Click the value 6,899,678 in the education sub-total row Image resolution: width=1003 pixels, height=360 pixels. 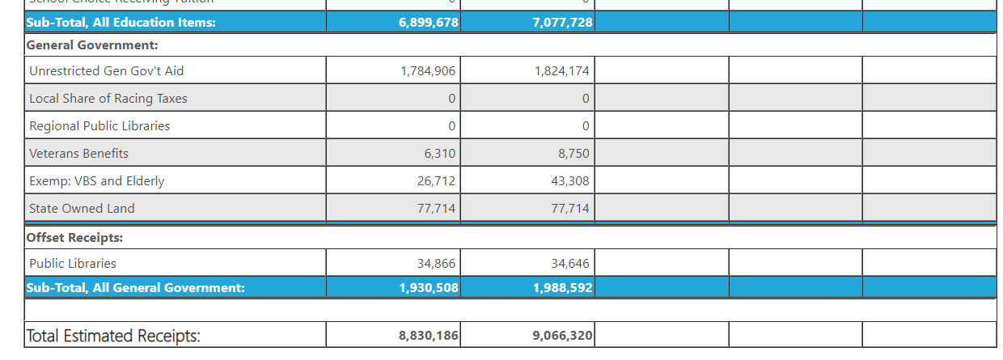click(x=429, y=23)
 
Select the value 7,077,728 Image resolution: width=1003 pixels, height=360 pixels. click(x=563, y=23)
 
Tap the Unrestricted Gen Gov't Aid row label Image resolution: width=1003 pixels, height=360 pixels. click(x=107, y=71)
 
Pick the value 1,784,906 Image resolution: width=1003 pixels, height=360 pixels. click(x=428, y=71)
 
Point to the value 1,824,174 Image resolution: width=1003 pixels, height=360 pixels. click(x=562, y=71)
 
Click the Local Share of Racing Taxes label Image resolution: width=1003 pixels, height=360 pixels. click(x=108, y=99)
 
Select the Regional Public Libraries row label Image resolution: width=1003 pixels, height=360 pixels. click(x=99, y=126)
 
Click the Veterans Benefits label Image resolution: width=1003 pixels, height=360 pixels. click(x=78, y=154)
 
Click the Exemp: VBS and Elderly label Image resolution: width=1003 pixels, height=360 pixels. click(x=97, y=181)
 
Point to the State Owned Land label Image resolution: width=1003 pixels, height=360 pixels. click(x=82, y=209)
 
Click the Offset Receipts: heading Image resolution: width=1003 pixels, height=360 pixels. click(x=74, y=238)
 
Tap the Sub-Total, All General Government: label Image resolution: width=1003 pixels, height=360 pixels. click(x=136, y=287)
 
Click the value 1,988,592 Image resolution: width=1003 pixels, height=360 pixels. click(x=563, y=287)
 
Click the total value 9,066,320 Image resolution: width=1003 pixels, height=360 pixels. click(x=563, y=336)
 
